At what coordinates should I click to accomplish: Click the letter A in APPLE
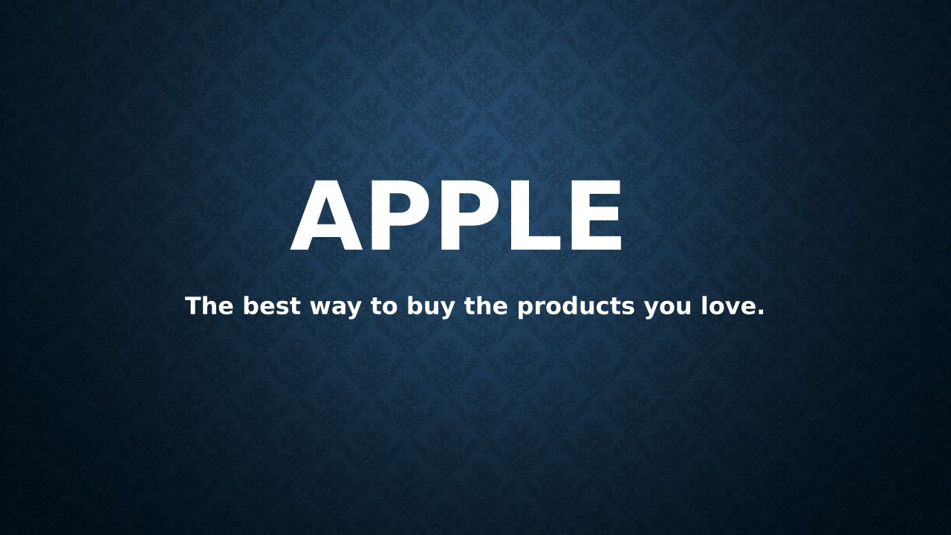click(x=326, y=215)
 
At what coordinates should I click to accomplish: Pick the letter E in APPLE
click(x=597, y=215)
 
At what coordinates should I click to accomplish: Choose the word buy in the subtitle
click(x=430, y=308)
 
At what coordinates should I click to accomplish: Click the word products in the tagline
click(x=576, y=308)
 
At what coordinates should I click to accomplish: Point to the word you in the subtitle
click(x=667, y=309)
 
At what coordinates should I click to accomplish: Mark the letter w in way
click(x=322, y=308)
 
